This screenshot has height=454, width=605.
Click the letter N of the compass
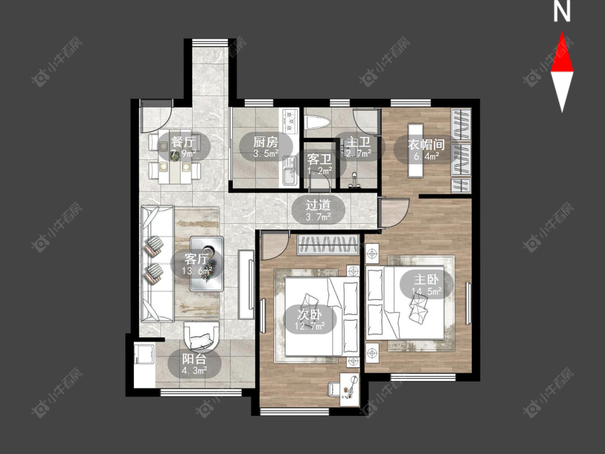pos(562,11)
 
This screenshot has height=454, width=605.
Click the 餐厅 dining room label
pos(184,141)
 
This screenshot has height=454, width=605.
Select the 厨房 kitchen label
pos(266,141)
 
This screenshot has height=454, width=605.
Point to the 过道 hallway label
pos(318,204)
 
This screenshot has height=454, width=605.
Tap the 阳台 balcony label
pos(195,359)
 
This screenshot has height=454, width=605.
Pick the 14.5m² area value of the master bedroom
pos(426,290)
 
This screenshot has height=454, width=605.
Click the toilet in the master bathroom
pos(317,123)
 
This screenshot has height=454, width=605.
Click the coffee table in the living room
pos(207,264)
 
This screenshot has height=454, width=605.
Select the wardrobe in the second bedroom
pos(328,244)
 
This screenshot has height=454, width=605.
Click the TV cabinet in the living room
pos(246,285)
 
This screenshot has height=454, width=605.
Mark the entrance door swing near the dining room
pos(156,116)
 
